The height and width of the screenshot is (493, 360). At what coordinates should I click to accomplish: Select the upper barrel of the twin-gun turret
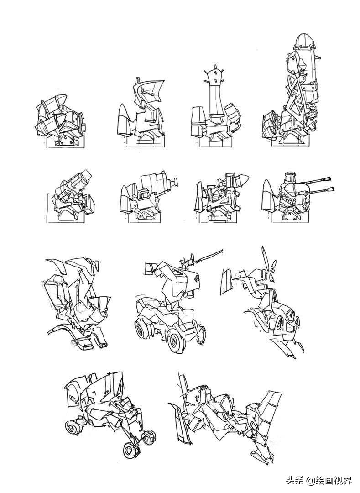[x=317, y=181]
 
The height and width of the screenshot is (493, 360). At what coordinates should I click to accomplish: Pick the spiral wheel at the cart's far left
[x=73, y=426]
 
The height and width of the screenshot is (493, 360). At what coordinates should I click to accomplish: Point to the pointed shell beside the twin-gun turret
[x=270, y=195]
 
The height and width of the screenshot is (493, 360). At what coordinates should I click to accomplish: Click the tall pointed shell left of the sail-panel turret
[x=125, y=120]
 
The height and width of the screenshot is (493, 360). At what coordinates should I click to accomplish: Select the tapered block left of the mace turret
[x=198, y=122]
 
